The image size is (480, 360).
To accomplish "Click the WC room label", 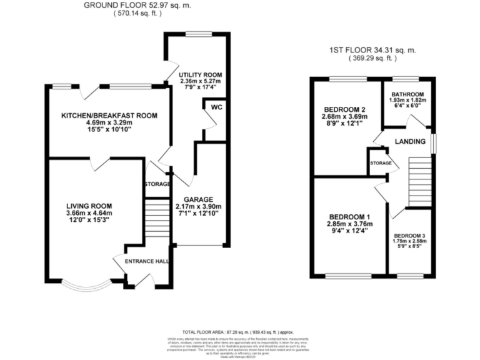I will pyautogui.click(x=216, y=107).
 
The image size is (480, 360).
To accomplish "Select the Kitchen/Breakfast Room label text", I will pyautogui.click(x=108, y=115).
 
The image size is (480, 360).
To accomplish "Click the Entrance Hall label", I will pyautogui.click(x=147, y=261).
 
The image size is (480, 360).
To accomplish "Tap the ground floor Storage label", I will pyautogui.click(x=157, y=184).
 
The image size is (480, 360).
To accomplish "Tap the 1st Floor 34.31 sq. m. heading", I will pyautogui.click(x=373, y=51).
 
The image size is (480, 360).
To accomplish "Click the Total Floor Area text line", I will pyautogui.click(x=237, y=332).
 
